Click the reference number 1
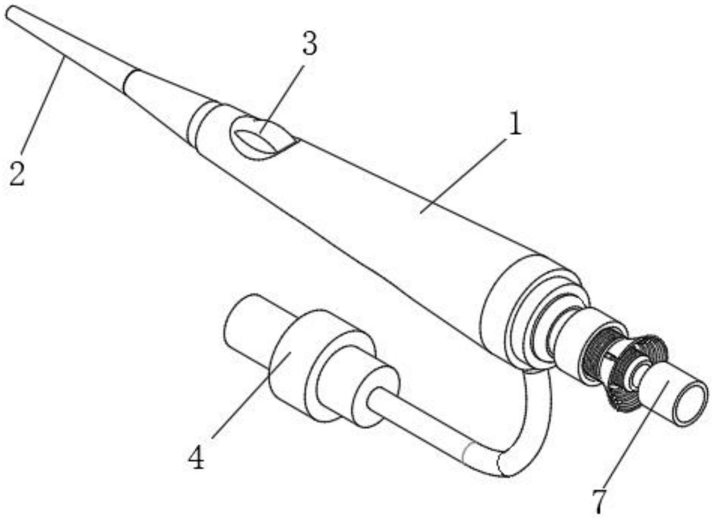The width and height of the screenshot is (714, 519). (x=514, y=126)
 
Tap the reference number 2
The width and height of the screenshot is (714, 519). (x=17, y=174)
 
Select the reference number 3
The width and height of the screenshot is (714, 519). (x=310, y=45)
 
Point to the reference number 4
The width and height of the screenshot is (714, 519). (x=196, y=458)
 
